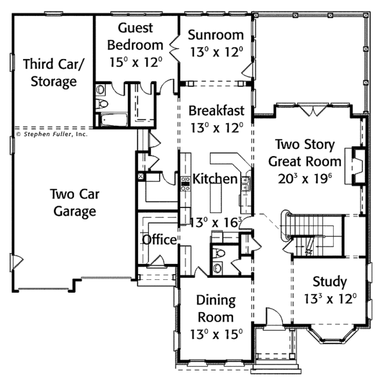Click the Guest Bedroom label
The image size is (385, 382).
135,37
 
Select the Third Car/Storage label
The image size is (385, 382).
49,73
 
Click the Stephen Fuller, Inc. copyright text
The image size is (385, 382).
51,134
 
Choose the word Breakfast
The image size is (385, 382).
216,110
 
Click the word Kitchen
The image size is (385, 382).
215,178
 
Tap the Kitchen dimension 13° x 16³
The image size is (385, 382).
216,223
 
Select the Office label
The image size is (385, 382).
159,239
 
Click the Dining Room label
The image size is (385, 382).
216,309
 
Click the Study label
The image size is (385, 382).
330,281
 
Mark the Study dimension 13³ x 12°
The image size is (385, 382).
330,299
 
